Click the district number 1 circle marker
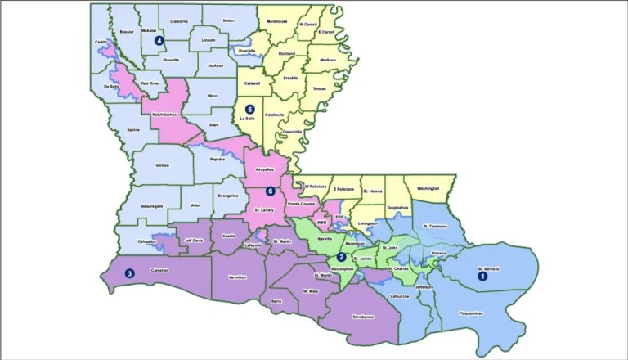pos(482,277)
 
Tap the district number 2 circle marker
pos(340,258)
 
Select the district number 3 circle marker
pos(128,273)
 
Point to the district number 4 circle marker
pos(159,39)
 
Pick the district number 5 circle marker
pos(250,108)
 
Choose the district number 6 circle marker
pos(270,191)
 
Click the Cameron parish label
pos(160,271)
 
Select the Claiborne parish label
pos(179,22)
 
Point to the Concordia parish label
pos(293,132)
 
